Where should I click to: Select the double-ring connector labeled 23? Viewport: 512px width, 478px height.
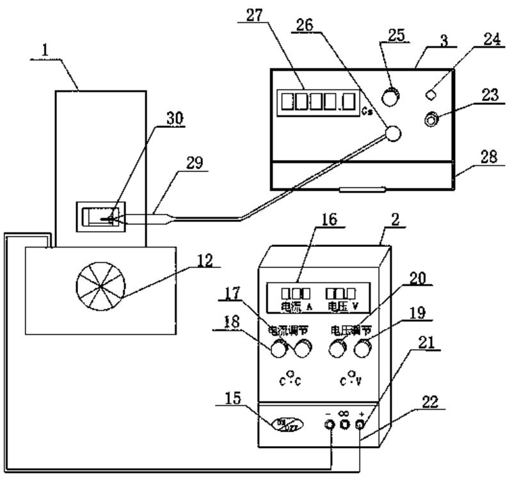[x=434, y=119]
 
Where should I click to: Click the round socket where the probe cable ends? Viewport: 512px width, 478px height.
[x=392, y=133]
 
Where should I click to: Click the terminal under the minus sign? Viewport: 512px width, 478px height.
[x=330, y=424]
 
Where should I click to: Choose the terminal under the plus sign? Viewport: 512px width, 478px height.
[x=360, y=424]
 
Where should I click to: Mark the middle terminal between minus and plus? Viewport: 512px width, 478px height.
[x=345, y=424]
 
